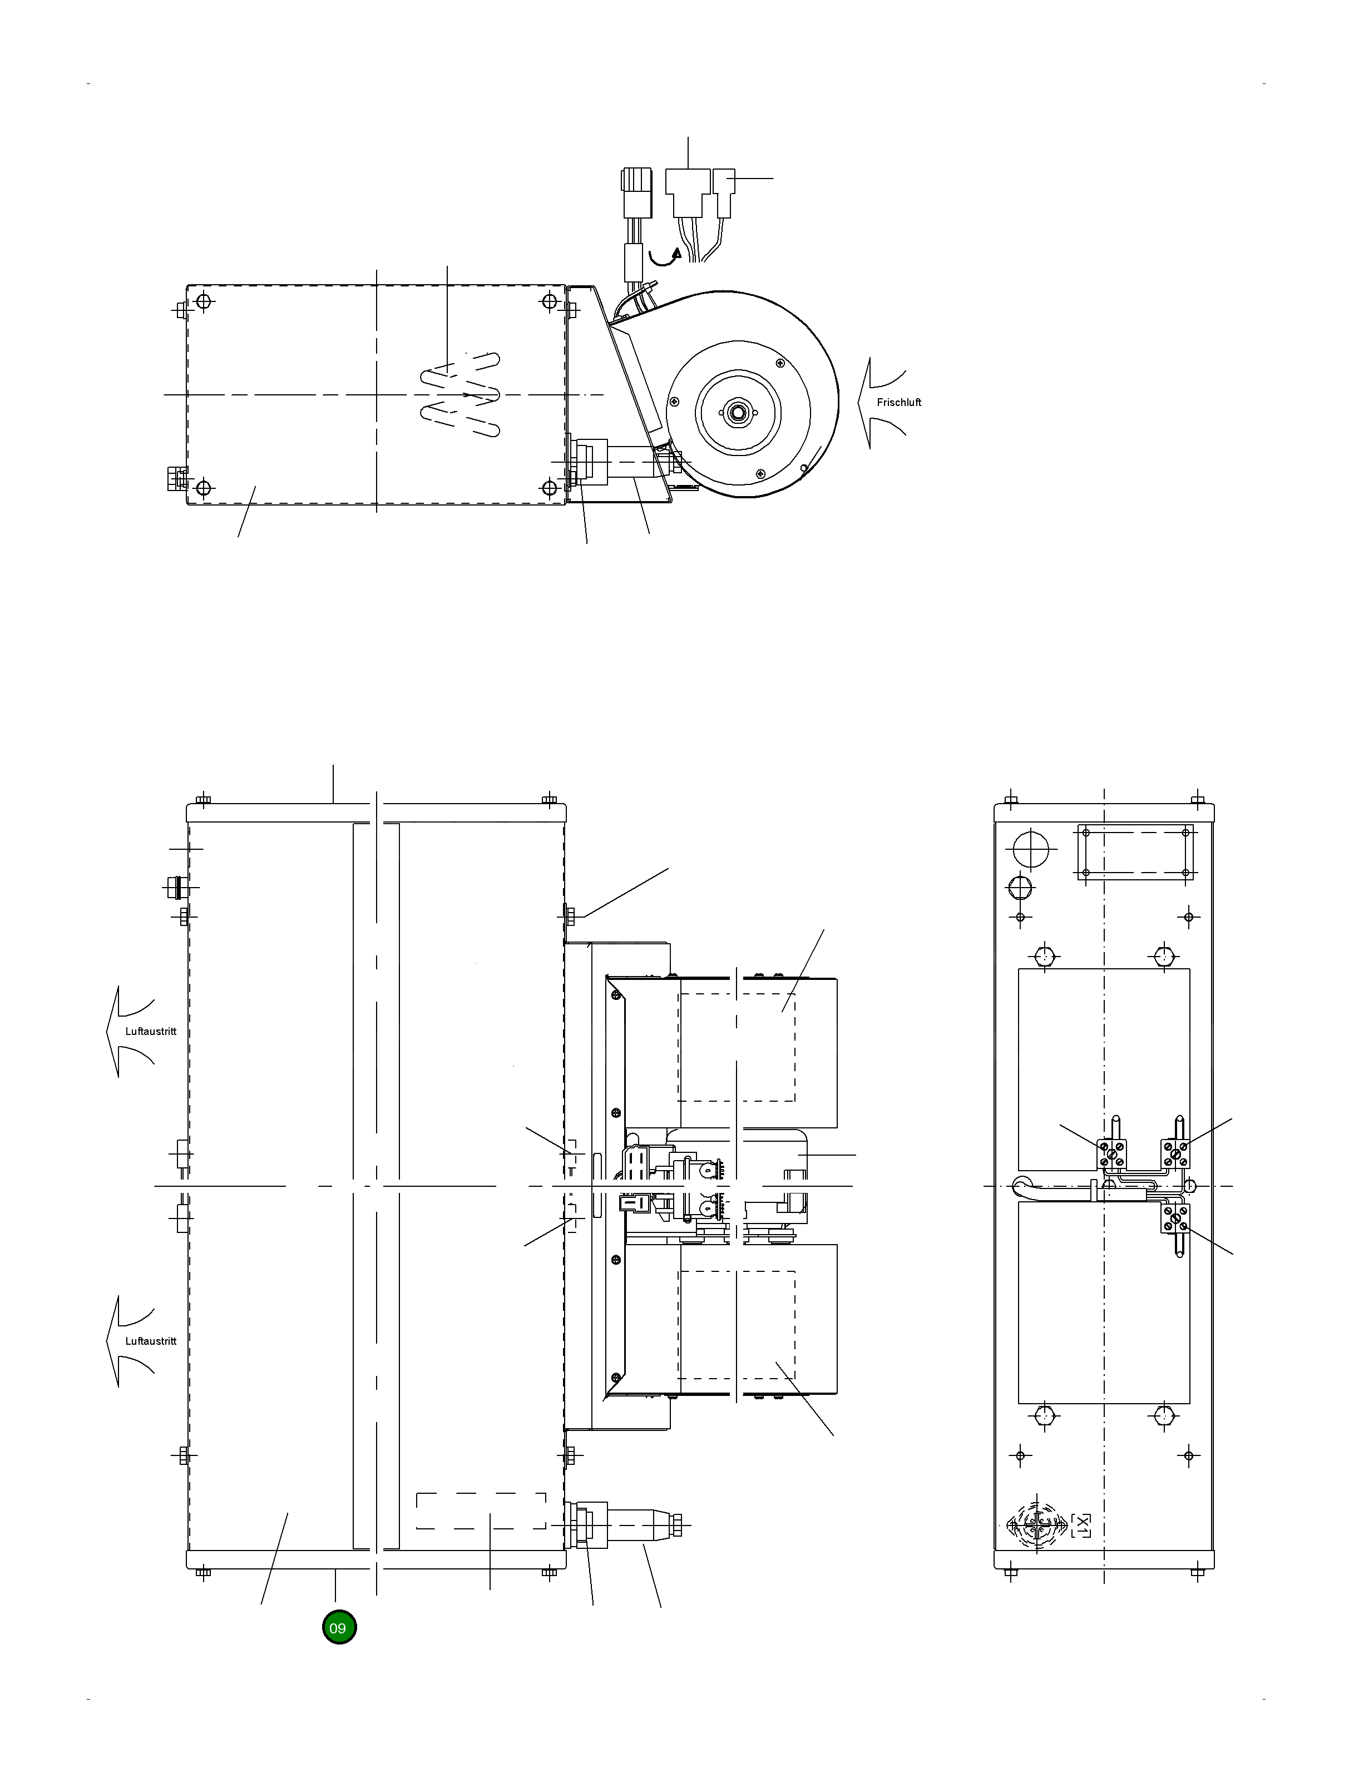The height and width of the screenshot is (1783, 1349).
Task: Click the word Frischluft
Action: point(898,402)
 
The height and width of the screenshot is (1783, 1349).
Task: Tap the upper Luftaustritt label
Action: point(151,1032)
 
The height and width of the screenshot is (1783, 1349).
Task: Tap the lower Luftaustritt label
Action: point(151,1341)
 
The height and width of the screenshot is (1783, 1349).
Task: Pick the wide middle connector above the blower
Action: point(687,192)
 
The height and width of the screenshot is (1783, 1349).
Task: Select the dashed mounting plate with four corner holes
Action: point(1134,852)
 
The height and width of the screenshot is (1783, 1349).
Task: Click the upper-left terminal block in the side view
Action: point(1113,1154)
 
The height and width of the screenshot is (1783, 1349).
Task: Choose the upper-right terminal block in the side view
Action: point(1175,1153)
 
